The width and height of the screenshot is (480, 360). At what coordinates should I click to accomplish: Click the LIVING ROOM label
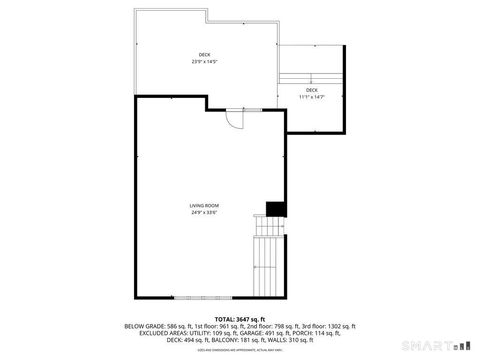pos(204,206)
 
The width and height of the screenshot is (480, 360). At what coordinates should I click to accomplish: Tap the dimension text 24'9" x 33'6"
pos(204,212)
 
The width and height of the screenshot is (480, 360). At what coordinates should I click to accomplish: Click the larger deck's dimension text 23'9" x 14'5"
pos(204,62)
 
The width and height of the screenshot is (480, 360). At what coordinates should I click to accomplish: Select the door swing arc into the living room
pos(234,117)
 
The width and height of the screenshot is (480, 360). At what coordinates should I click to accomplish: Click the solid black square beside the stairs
pos(273,208)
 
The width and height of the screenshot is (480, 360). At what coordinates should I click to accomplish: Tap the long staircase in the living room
pos(268,260)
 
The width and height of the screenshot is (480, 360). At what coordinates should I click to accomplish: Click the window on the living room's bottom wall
pos(205,297)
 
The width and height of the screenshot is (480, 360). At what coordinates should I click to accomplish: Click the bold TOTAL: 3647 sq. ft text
pos(240,319)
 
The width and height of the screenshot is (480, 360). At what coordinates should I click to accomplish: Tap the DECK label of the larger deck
pos(204,55)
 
